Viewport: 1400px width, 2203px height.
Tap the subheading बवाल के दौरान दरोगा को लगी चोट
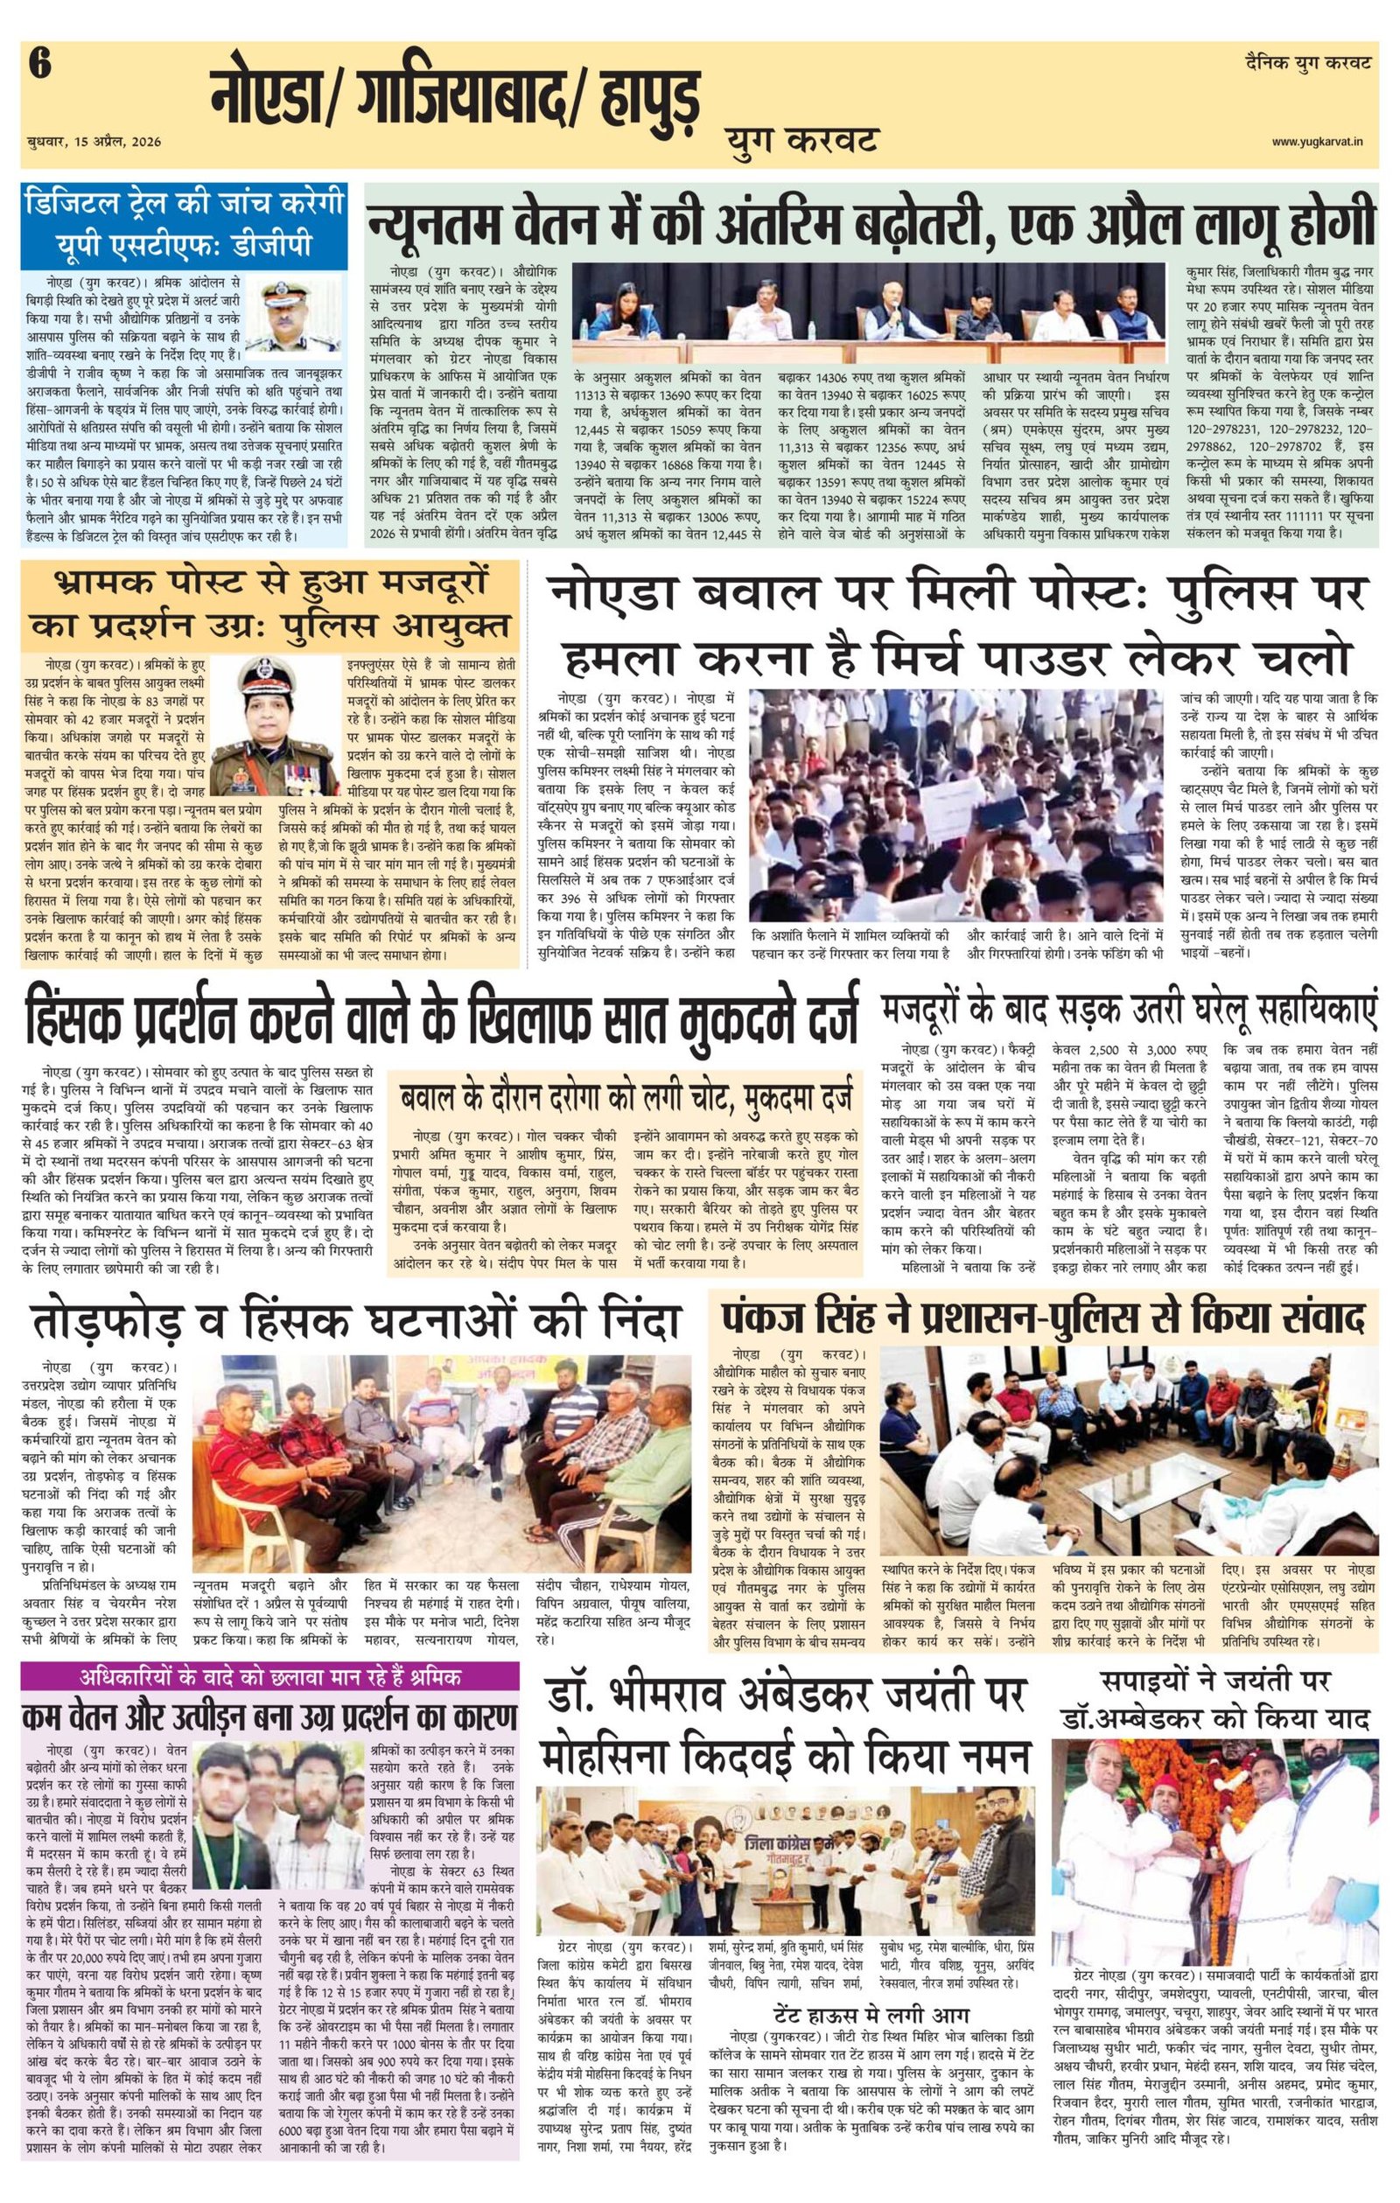coord(625,1094)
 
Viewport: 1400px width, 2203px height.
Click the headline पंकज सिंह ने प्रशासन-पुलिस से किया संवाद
coord(1042,1318)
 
